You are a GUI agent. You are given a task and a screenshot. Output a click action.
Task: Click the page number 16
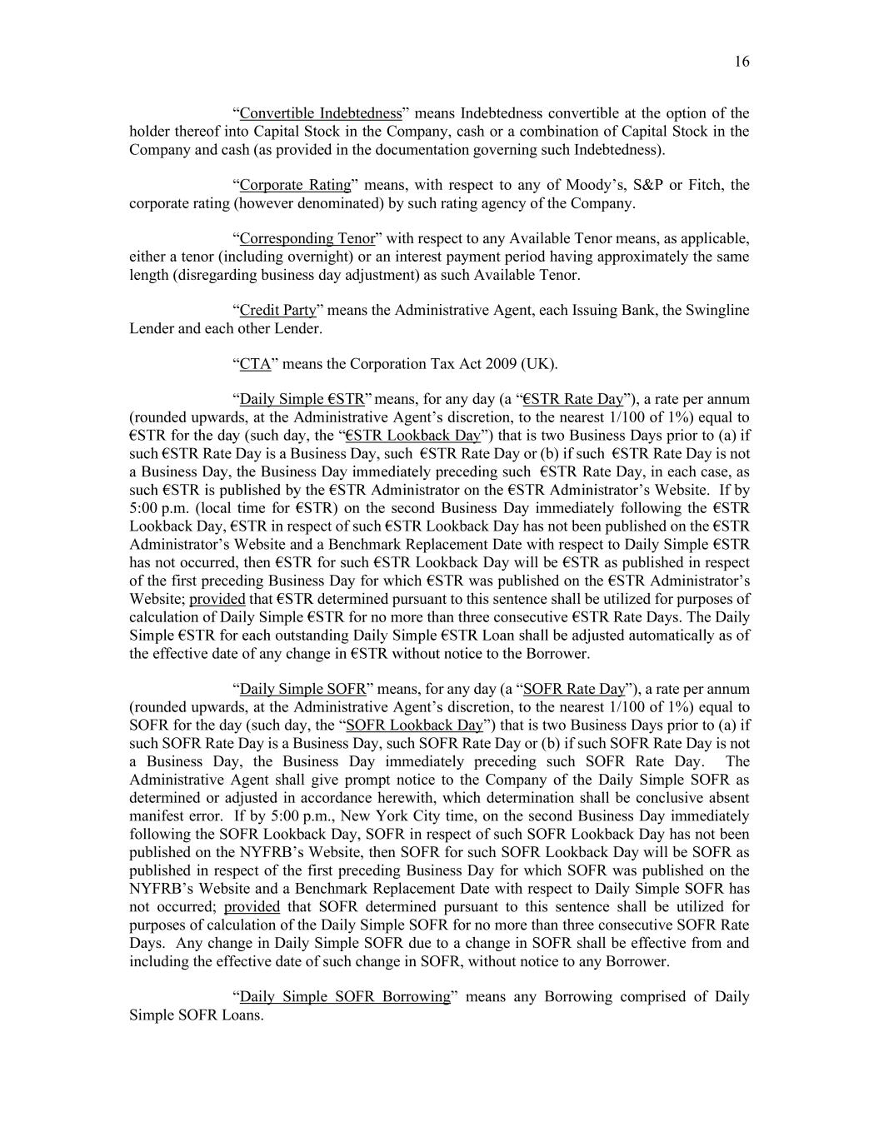(x=742, y=62)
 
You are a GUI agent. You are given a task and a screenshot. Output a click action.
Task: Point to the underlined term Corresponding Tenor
(x=307, y=239)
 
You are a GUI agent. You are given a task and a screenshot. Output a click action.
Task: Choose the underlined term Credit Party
(x=278, y=311)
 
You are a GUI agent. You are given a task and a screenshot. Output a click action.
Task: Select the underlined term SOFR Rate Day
(x=573, y=689)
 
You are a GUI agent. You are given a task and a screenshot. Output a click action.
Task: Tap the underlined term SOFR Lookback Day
(x=414, y=725)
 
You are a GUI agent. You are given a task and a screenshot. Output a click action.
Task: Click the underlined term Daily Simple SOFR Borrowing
(x=345, y=997)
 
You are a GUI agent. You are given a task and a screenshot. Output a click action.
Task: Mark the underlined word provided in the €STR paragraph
(x=217, y=599)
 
